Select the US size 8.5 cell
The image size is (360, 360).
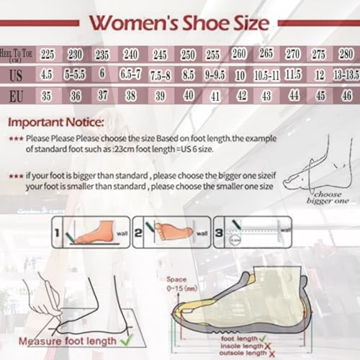coord(188,74)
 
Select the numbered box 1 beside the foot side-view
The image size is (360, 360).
coord(57,232)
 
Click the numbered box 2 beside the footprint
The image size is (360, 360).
coord(138,230)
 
